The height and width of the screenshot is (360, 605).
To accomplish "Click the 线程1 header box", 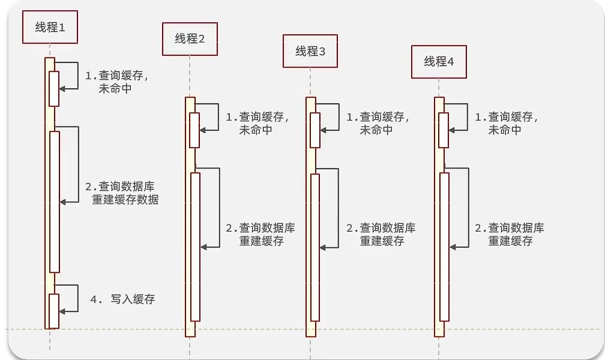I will (50, 28).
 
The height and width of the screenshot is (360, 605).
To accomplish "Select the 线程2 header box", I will (190, 39).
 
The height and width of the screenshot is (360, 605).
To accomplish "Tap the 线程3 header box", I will (310, 51).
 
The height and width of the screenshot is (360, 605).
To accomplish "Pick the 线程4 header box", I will (439, 61).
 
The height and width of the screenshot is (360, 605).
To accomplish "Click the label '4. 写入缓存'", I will (122, 299).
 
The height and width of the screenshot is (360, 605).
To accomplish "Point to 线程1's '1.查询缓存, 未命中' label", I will (116, 82).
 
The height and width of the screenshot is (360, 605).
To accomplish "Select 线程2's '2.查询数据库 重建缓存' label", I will (260, 235).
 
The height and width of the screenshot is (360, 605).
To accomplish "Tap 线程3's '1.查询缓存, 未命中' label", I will (378, 124).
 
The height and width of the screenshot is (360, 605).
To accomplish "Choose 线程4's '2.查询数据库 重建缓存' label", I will (510, 235).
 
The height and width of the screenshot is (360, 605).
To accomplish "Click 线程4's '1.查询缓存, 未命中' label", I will (507, 124).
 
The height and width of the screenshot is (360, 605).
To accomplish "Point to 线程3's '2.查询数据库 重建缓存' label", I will (381, 235).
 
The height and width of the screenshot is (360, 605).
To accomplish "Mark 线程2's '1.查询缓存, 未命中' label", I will (257, 124).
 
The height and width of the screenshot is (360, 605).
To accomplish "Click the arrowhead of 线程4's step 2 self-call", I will (453, 246).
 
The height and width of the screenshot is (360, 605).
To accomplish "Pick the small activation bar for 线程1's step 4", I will (54, 311).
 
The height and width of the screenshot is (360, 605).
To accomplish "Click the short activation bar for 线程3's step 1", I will (315, 130).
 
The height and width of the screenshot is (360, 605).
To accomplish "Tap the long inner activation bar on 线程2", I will (195, 246).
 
